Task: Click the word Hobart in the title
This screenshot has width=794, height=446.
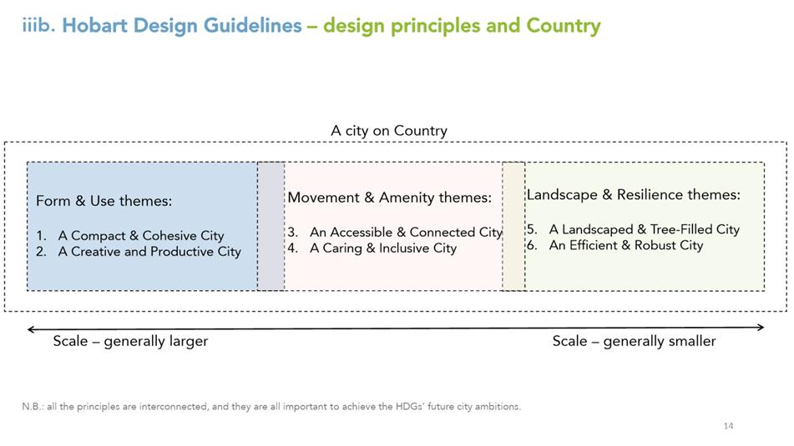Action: coord(94,25)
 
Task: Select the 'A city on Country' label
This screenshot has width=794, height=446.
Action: coord(389,130)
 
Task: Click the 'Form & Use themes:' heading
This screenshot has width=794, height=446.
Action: coord(104,201)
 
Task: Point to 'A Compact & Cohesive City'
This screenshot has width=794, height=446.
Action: coord(141,236)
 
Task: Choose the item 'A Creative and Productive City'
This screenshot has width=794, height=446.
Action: coord(149,252)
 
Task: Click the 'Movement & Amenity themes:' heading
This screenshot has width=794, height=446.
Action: coord(389,198)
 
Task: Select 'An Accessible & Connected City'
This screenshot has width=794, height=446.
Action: coord(406,232)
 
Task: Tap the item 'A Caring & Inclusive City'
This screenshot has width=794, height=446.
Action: coord(383,248)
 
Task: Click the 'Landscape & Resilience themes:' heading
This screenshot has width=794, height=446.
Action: coord(634,195)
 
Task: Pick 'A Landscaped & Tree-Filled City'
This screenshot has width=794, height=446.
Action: coord(644,229)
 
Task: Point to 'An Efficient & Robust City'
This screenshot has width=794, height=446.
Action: coord(626,245)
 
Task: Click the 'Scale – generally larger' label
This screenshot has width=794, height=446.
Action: coord(130,341)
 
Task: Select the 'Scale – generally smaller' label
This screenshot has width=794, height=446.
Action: coord(634,341)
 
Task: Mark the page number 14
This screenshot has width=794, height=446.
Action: coord(728,426)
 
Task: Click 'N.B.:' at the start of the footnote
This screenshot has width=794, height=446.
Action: coord(33,407)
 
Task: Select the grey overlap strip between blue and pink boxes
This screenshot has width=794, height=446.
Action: coord(271,226)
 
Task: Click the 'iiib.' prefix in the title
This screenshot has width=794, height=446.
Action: coord(38,25)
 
